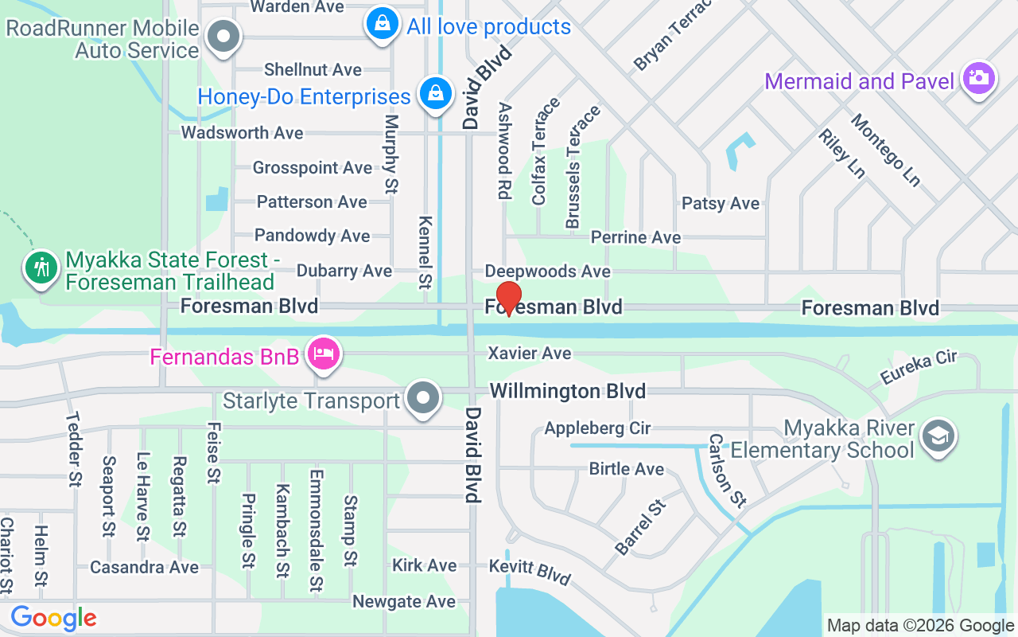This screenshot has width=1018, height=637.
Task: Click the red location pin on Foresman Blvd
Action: [x=509, y=297]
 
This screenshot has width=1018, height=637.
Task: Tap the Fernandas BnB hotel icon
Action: [x=324, y=354]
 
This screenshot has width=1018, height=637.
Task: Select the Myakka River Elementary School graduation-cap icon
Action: [x=938, y=436]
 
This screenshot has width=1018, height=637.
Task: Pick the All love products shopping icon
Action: [x=383, y=24]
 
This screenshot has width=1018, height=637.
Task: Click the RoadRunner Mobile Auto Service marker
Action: [x=223, y=37]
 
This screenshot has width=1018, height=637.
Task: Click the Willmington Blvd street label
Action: [x=567, y=391]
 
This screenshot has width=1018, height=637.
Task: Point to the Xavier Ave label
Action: [x=530, y=353]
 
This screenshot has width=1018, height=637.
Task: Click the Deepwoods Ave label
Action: [x=547, y=272]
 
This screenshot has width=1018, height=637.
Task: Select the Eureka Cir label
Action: [x=918, y=366]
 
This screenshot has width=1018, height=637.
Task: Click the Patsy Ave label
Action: [x=720, y=204]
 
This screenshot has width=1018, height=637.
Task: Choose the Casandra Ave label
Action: [x=144, y=568]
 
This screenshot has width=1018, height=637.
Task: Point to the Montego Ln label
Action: [x=885, y=150]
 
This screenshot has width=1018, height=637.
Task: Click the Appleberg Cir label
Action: [x=597, y=428]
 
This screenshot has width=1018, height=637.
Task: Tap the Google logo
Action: [x=53, y=617]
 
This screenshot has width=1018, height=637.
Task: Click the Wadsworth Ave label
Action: [x=242, y=133]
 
